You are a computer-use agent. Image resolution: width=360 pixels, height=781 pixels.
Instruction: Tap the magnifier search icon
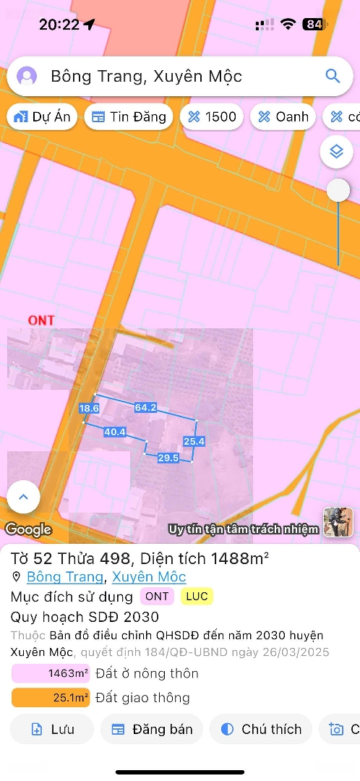pos(333,77)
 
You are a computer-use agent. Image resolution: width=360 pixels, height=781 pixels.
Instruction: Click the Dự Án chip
pos(42,116)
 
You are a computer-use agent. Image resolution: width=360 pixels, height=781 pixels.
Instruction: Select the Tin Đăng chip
pos(129,116)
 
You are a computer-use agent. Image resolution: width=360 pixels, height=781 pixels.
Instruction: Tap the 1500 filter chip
pos(211,116)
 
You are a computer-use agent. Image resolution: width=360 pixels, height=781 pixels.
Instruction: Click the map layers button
pos(335,152)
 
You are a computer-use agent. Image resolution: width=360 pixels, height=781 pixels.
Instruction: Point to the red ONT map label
pos(41,320)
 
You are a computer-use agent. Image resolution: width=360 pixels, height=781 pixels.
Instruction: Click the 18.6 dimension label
pos(89,409)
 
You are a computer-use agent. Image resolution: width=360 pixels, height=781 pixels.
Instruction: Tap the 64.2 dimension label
pos(145,408)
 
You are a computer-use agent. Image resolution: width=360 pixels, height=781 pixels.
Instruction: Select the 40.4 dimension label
pos(115,432)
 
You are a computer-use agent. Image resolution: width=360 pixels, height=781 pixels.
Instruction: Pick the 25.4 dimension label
pos(194,441)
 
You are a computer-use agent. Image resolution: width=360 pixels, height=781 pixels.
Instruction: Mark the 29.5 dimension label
pos(168,458)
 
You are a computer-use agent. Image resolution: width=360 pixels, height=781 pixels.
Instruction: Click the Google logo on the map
pos(28,529)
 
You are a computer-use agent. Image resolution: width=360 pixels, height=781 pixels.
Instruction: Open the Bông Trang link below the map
pos(66,577)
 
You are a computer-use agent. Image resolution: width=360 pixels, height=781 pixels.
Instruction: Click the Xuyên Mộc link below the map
pos(149,577)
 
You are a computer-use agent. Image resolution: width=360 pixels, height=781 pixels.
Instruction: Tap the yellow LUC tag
pos(197,597)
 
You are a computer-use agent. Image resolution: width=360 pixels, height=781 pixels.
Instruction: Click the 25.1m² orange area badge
pos(50,697)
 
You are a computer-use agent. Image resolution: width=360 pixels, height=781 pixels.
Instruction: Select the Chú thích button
pos(261,729)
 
